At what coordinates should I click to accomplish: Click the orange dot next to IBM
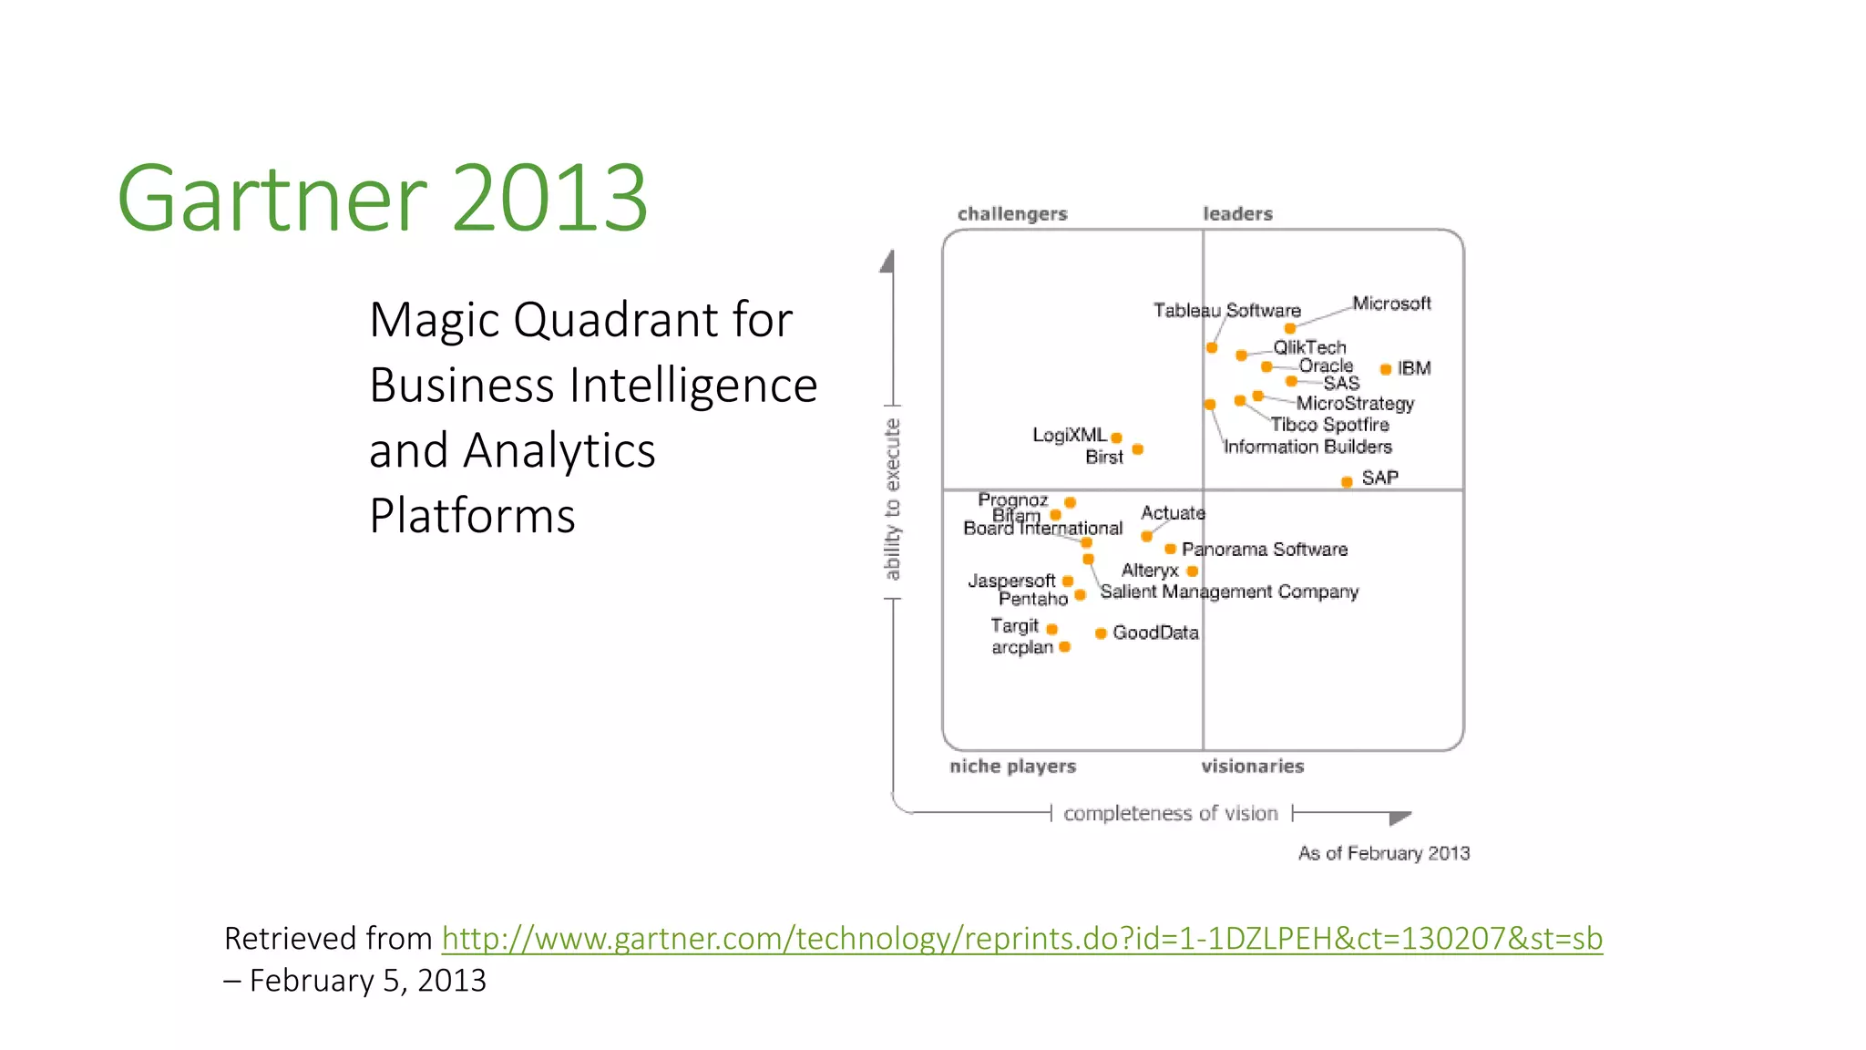coord(1385,369)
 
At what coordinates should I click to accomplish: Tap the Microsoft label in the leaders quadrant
coord(1391,304)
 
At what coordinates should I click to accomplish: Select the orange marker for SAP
coord(1347,482)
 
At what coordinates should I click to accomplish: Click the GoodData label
coord(1155,633)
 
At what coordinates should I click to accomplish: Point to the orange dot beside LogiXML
coord(1116,438)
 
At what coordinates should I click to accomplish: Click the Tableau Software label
coord(1226,311)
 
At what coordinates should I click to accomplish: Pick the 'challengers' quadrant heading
coord(1012,214)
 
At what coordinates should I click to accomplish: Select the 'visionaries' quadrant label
coord(1252,767)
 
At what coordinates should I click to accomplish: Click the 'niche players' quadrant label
coord(1012,767)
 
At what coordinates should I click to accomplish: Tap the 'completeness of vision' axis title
coord(1170,813)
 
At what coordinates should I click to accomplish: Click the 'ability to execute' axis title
coord(892,499)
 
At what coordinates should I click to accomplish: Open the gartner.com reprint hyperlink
coord(1021,938)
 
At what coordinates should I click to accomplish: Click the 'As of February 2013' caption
coord(1383,853)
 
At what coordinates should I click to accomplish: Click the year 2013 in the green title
coord(549,198)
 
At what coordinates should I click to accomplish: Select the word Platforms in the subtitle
coord(472,516)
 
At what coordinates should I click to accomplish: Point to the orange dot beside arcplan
coord(1064,647)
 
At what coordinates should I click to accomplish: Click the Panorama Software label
coord(1264,550)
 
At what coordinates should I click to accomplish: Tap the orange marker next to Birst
coord(1137,449)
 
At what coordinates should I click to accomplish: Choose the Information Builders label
coord(1307,447)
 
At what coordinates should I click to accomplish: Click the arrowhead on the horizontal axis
coord(1400,817)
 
